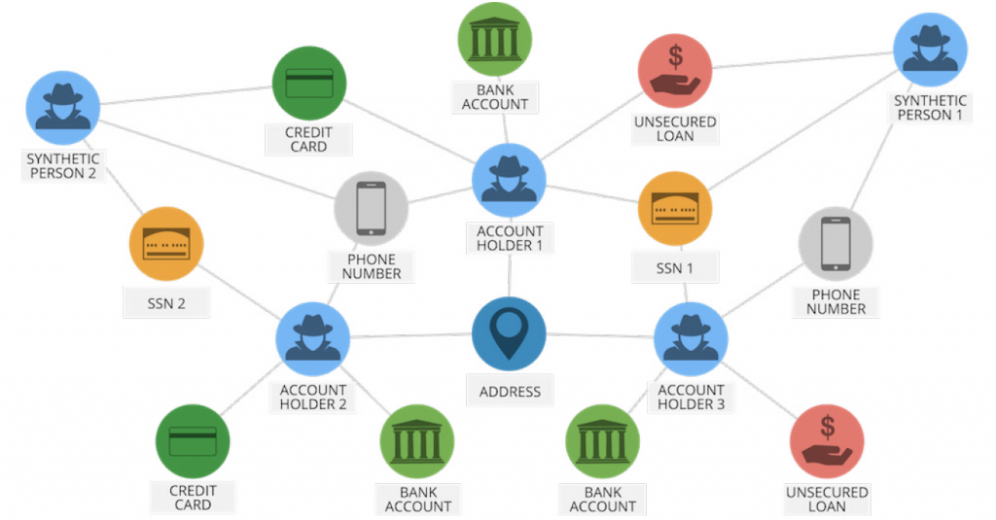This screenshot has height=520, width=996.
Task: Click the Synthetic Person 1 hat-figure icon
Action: (x=931, y=50)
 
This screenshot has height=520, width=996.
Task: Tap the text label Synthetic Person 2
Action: (x=63, y=166)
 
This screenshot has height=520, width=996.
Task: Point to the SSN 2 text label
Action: (x=166, y=303)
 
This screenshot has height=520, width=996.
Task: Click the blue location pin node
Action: (x=509, y=334)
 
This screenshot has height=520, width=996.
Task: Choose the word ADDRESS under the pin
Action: (x=510, y=392)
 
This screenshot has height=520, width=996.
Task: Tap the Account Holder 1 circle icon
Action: (x=509, y=181)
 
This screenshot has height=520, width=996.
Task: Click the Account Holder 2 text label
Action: (x=313, y=398)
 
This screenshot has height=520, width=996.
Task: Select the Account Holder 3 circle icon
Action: (x=692, y=338)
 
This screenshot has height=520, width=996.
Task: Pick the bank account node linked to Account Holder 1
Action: (x=494, y=40)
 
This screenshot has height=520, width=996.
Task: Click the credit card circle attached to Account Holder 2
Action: (x=193, y=441)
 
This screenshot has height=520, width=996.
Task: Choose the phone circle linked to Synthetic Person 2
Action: (x=372, y=208)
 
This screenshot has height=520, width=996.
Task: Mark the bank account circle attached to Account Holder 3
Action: (x=603, y=441)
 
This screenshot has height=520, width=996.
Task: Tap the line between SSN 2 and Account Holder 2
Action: (x=242, y=288)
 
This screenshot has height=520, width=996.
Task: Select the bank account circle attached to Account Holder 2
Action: (x=417, y=441)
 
